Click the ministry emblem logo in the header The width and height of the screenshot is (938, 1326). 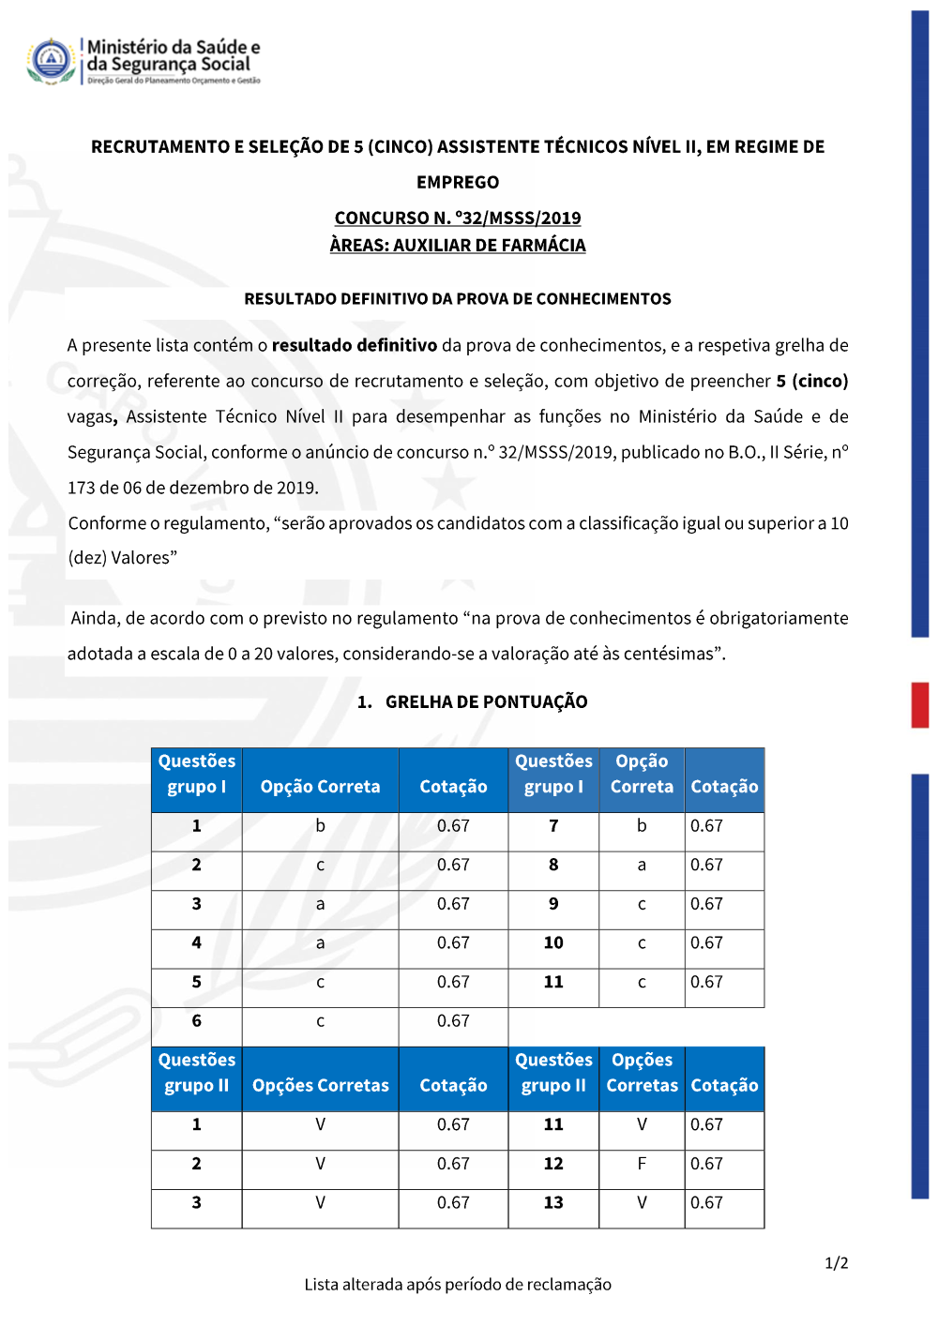[51, 61]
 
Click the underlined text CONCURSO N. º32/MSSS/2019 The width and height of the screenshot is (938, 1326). [458, 218]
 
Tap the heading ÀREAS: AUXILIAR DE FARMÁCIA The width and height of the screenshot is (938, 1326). [458, 246]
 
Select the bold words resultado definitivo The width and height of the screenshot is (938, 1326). [355, 345]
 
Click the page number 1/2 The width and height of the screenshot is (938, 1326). [836, 1263]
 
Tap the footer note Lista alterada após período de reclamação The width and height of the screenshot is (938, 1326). [458, 1285]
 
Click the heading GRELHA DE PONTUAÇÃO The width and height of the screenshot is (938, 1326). [486, 702]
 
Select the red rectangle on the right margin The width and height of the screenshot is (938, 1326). [920, 705]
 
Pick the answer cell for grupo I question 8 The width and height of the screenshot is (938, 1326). [642, 866]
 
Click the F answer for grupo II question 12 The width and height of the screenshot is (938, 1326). [642, 1164]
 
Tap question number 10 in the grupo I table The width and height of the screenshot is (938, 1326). [553, 943]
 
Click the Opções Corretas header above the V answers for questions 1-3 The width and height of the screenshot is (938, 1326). [320, 1085]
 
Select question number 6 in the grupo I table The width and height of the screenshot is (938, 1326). [196, 1021]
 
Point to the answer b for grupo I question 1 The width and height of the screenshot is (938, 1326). [320, 826]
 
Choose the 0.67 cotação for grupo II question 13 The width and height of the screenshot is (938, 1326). [706, 1203]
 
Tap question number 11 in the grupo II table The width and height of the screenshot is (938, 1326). [553, 1124]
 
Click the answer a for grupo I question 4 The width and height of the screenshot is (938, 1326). [320, 943]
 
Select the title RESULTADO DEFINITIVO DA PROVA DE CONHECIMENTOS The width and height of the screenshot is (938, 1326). [458, 299]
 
